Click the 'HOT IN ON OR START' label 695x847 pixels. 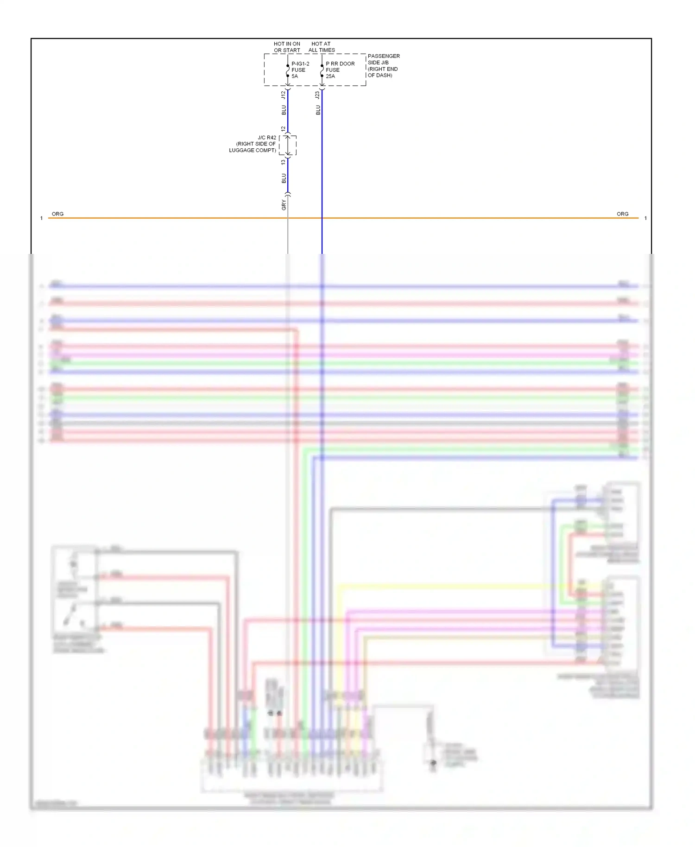pos(287,47)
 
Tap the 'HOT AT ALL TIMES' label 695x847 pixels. pos(322,47)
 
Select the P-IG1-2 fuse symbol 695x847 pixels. pos(288,70)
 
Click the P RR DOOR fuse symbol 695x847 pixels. pos(322,70)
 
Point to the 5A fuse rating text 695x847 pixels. pos(295,76)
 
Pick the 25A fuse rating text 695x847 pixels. pos(330,76)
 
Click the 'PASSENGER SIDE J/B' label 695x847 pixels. pos(383,59)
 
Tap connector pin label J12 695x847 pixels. pos(284,95)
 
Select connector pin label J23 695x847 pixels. pos(317,95)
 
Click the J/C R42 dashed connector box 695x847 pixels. pos(288,145)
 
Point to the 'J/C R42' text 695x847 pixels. pos(267,138)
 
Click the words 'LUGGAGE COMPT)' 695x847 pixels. pos(253,150)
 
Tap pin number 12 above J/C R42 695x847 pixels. pos(284,129)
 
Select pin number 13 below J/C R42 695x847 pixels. pos(284,162)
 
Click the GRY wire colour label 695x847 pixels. pos(284,205)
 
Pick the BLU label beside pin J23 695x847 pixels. pos(318,110)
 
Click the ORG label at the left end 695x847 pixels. pos(57,214)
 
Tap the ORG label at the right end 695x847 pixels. pos(622,214)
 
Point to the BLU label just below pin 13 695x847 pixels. pos(284,178)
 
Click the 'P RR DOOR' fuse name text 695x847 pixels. pos(340,64)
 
